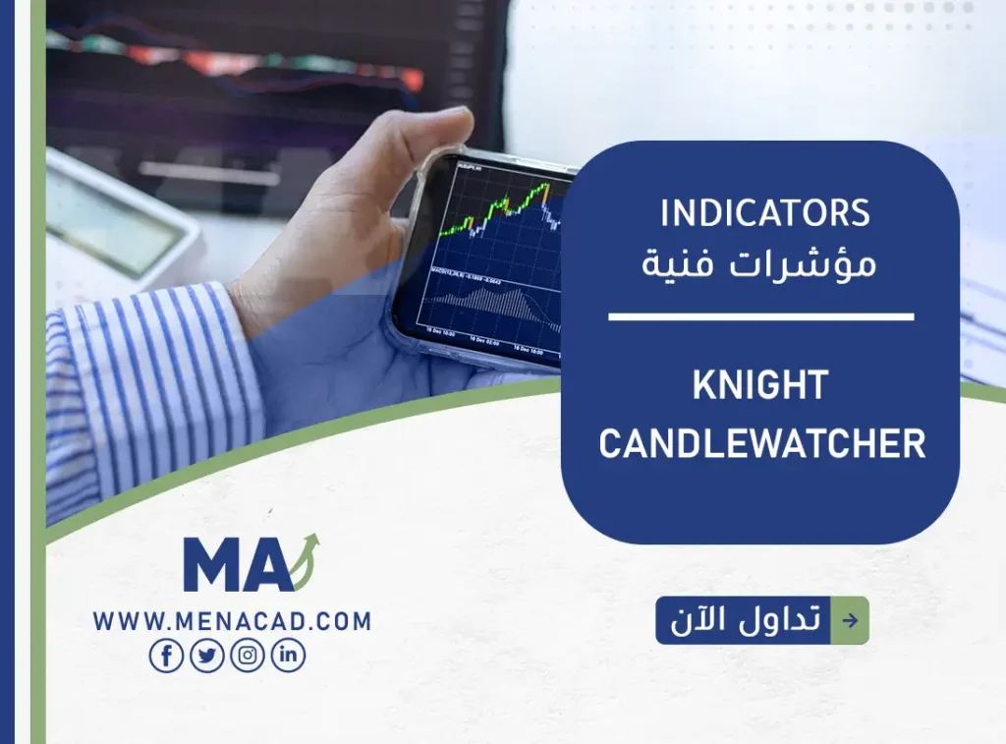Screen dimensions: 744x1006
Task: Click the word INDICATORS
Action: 765,213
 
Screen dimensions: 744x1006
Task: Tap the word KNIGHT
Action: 760,386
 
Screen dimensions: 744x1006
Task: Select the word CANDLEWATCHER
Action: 762,444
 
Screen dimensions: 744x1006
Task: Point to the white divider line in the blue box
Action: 761,316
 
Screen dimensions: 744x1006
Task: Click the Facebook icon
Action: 166,656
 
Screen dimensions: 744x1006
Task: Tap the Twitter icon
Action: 207,656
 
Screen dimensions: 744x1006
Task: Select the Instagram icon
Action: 248,656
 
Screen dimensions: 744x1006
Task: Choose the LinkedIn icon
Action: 288,656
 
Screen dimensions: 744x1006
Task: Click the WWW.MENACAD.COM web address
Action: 233,621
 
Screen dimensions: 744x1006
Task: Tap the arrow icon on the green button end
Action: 850,620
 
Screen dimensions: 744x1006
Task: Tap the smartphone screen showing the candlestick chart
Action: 486,256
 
